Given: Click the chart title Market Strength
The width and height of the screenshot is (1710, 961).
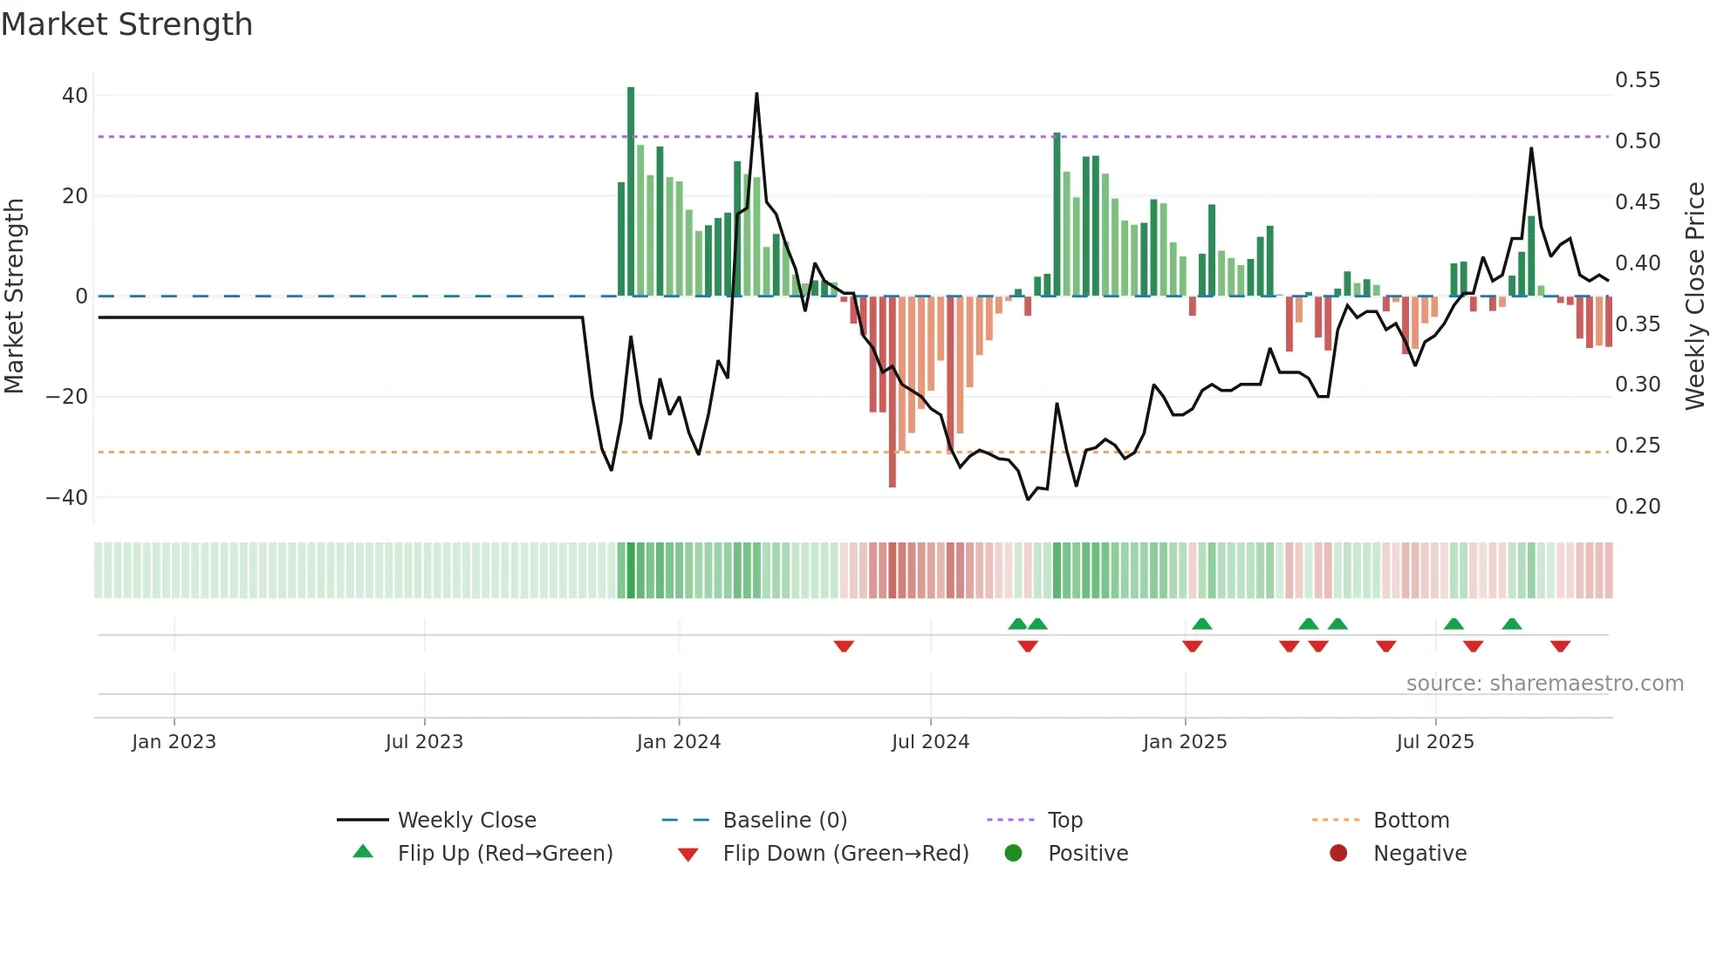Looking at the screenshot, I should click(127, 24).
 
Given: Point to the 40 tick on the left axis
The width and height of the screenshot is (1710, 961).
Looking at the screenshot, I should click(75, 96).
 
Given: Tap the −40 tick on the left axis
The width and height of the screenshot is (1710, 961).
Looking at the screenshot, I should click(67, 498).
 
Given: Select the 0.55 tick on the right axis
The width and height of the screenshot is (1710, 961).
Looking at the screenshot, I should click(1638, 80).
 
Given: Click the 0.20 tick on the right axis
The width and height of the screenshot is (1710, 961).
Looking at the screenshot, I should click(1638, 507).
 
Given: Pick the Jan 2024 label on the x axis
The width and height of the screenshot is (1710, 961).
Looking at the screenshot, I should click(679, 742).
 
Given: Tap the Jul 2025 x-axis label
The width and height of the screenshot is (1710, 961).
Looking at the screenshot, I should click(1435, 742).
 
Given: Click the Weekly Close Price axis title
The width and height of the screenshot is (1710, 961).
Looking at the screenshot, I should click(1694, 296).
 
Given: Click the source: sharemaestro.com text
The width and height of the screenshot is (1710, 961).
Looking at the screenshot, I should click(1544, 684).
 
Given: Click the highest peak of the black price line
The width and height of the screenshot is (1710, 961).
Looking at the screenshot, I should click(756, 94).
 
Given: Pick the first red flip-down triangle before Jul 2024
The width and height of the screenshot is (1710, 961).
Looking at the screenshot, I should click(844, 646).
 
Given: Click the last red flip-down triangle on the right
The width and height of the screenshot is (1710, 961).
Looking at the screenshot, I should click(1561, 646).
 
